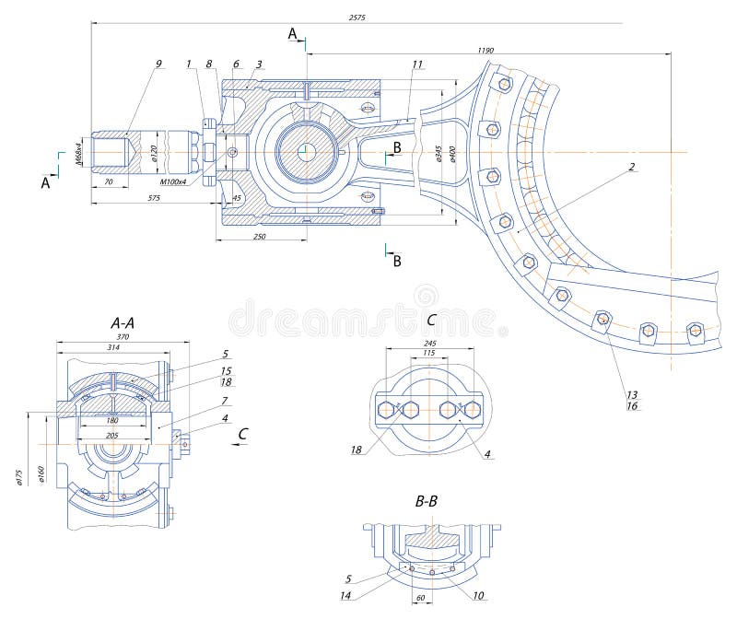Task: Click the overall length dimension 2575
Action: pyautogui.click(x=355, y=18)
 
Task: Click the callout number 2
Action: pyautogui.click(x=633, y=167)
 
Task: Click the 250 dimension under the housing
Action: pyautogui.click(x=260, y=237)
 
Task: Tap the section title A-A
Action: pyautogui.click(x=123, y=322)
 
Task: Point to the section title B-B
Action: pyautogui.click(x=427, y=502)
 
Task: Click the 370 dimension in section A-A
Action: pyautogui.click(x=123, y=338)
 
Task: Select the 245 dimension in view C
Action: pyautogui.click(x=429, y=343)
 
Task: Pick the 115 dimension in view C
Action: pyautogui.click(x=428, y=354)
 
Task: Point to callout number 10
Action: pyautogui.click(x=479, y=596)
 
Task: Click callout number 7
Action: pyautogui.click(x=225, y=402)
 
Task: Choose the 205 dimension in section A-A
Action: pyautogui.click(x=111, y=436)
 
